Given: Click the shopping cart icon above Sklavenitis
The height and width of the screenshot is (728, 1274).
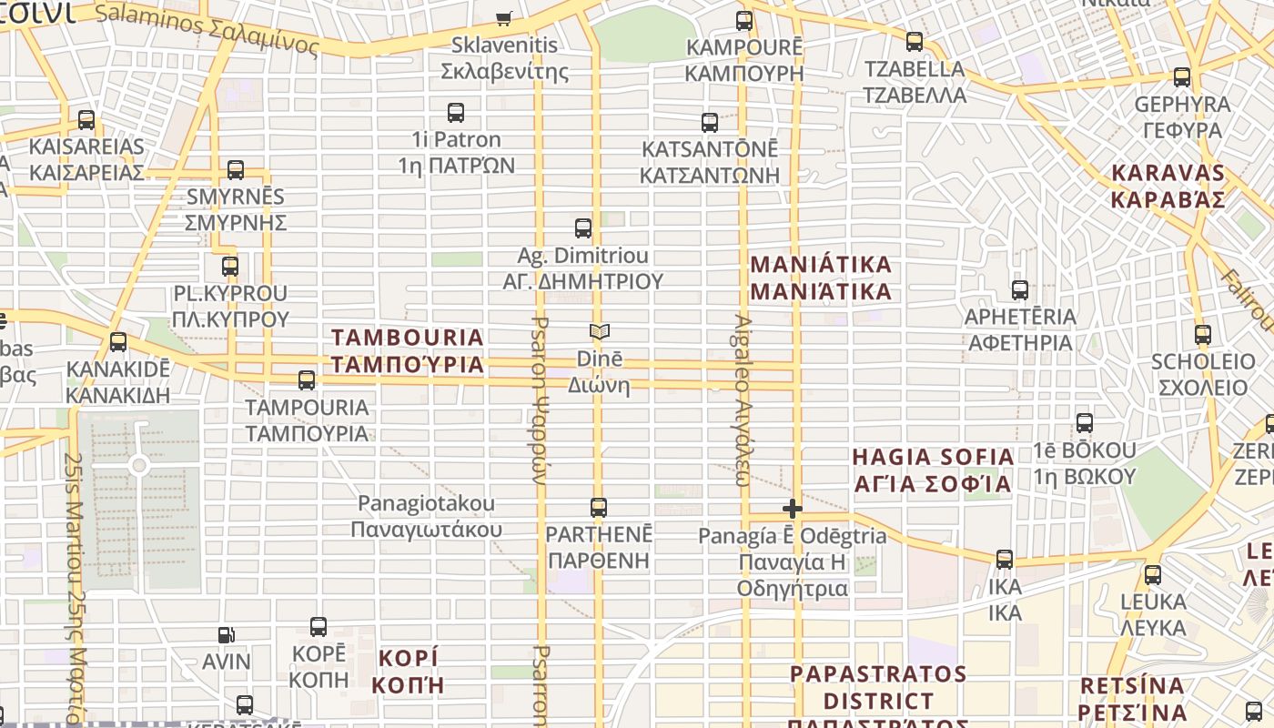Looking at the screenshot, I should [503, 17].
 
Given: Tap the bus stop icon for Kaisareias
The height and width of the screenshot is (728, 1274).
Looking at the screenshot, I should [86, 119].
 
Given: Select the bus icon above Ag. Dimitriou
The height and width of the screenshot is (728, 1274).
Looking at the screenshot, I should [583, 228].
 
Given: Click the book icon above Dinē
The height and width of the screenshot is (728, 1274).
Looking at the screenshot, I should [599, 331].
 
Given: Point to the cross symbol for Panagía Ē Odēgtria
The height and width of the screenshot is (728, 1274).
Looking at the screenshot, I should [793, 509].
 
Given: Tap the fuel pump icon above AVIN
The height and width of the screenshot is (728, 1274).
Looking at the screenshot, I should [226, 635].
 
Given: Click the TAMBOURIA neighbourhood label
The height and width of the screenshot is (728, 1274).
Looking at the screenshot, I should [407, 351].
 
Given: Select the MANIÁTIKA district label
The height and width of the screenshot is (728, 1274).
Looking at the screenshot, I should [821, 278].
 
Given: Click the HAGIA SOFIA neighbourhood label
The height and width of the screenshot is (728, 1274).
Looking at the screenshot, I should [933, 470].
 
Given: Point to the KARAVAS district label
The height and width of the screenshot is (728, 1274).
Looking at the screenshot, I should [1168, 187].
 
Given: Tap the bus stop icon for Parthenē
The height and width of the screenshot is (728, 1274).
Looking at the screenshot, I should [599, 508].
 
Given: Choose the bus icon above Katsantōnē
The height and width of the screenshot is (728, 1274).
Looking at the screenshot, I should [710, 122].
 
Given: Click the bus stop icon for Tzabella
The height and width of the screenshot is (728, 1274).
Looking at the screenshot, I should [915, 42].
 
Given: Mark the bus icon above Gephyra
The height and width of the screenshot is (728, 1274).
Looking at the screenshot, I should [1182, 77].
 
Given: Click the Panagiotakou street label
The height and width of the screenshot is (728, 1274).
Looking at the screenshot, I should [426, 516].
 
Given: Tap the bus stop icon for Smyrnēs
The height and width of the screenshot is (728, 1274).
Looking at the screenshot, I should [236, 169].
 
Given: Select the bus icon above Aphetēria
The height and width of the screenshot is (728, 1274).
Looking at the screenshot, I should [1020, 290].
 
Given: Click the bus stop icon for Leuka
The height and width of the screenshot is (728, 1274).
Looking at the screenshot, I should [1153, 575].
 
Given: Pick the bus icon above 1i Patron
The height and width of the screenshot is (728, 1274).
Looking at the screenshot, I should [456, 113].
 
